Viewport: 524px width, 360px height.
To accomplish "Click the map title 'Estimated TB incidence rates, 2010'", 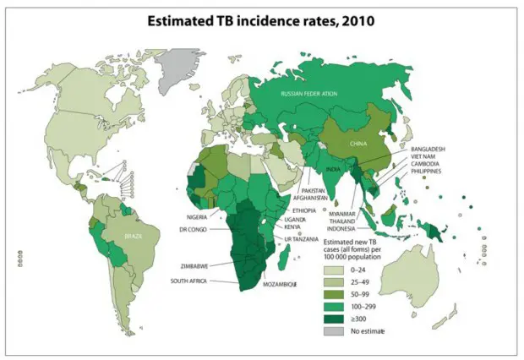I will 261,18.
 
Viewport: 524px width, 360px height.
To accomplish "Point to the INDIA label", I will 334,169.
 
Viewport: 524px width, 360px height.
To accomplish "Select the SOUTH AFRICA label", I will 190,281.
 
